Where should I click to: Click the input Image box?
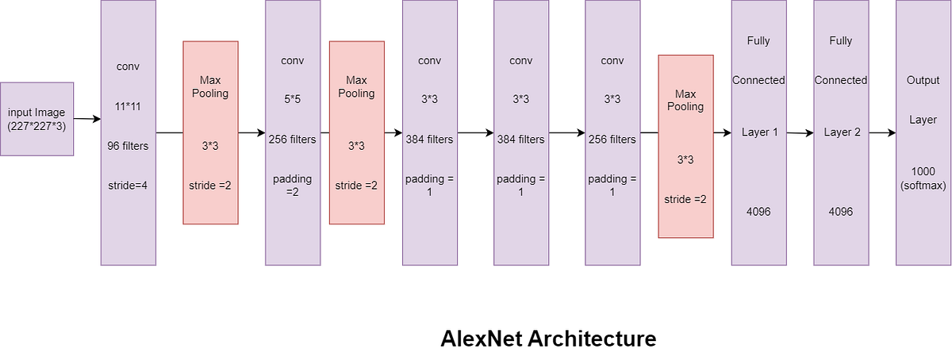[x=37, y=118]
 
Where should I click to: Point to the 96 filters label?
[x=128, y=145]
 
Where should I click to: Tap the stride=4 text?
[x=128, y=186]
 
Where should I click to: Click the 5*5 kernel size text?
[x=293, y=100]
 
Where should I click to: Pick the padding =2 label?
[x=293, y=186]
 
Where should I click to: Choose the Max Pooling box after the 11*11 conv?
[x=210, y=132]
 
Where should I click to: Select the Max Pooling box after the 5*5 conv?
[x=356, y=132]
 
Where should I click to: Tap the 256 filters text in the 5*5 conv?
[x=293, y=140]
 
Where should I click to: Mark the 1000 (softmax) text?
[x=923, y=179]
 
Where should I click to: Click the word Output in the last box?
[x=923, y=80]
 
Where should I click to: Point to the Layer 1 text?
[x=759, y=132]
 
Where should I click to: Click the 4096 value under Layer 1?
[x=759, y=212]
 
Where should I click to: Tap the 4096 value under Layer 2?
[x=841, y=212]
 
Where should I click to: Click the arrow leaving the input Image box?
[x=87, y=119]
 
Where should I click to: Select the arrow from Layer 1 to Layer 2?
[x=800, y=134]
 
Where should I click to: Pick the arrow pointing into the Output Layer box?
[x=881, y=133]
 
